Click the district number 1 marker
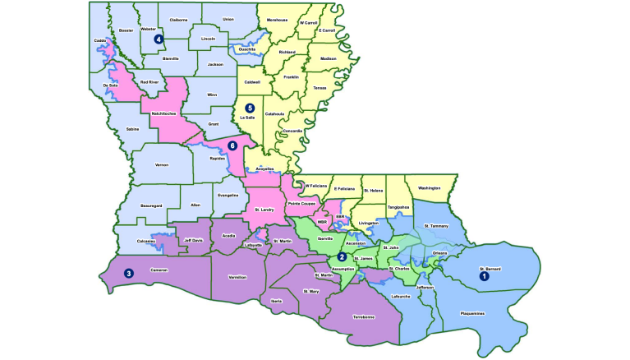[484, 276]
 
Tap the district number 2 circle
[342, 256]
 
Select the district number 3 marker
[128, 273]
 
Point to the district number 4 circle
[159, 38]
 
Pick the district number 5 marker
[250, 108]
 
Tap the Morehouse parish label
[278, 19]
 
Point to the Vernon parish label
[161, 164]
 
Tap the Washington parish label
[429, 188]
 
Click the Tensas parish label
[320, 87]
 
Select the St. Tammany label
[437, 224]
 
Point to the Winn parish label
[212, 94]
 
